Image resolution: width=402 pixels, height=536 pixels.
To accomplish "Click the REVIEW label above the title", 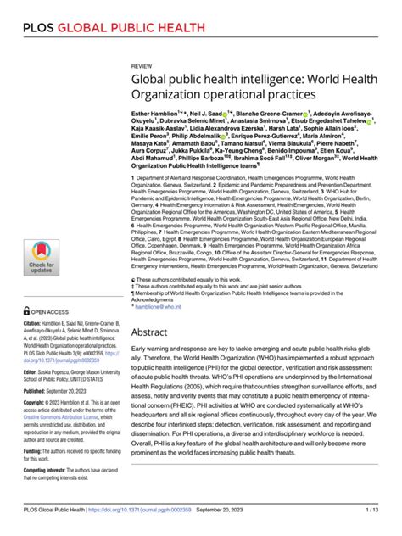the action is [142, 64].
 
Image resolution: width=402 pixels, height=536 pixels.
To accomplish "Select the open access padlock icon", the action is [28, 311].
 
